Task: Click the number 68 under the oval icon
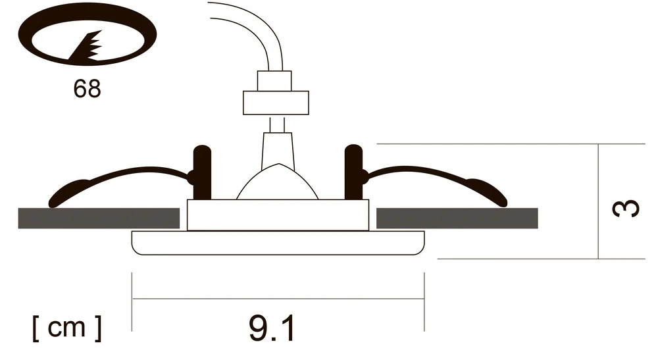(x=87, y=89)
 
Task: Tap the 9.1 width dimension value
(x=272, y=328)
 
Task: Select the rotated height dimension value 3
(x=625, y=208)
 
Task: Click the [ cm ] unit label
(x=66, y=328)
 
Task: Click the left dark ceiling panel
(x=99, y=219)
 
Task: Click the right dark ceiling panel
(x=457, y=219)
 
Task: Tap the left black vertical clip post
(x=202, y=172)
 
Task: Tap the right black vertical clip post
(x=353, y=172)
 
